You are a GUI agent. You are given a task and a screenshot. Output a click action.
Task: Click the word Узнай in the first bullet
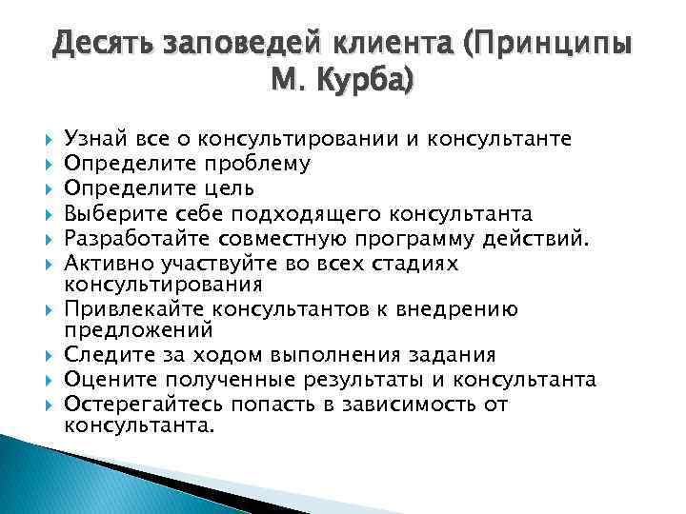[91, 141]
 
